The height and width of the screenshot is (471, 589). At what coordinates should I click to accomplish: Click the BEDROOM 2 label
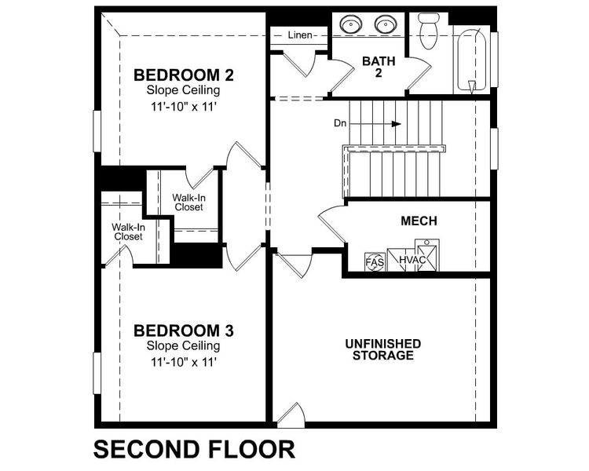tap(184, 75)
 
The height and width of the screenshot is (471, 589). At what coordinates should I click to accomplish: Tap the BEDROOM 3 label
tap(184, 330)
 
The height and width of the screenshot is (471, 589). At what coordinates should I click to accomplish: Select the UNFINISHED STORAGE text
tap(383, 349)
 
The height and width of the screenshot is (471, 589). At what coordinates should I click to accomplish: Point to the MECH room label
tap(419, 221)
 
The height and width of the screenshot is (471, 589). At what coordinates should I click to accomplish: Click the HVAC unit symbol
tap(412, 260)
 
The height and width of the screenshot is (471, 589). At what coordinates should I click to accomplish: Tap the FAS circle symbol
tap(375, 261)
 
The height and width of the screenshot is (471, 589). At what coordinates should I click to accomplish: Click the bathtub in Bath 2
tap(472, 59)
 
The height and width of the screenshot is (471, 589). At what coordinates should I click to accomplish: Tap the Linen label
tap(300, 35)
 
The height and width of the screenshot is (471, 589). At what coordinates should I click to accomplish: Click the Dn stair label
tap(340, 123)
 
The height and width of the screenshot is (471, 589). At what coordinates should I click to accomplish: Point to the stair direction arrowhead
tap(397, 123)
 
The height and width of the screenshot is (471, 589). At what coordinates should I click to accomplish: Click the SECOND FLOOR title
tap(194, 449)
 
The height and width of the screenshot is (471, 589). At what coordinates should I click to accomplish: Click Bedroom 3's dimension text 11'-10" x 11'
tap(184, 362)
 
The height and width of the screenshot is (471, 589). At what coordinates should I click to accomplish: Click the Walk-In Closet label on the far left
tap(127, 232)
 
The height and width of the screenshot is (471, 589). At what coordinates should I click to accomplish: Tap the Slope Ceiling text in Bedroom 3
tap(184, 346)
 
